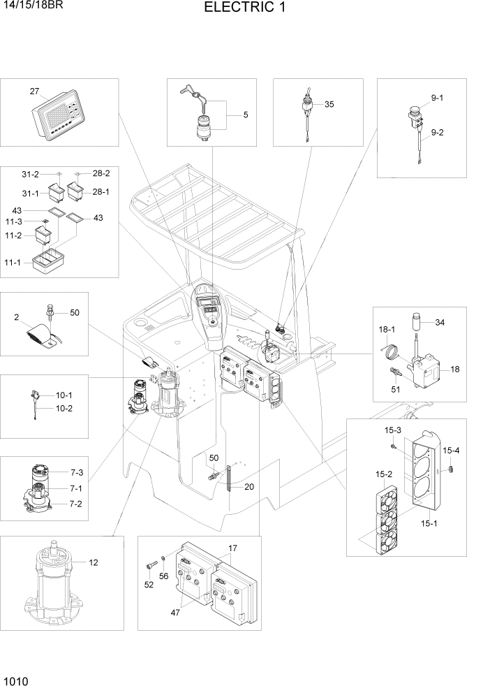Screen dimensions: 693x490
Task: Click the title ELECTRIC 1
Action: point(244,8)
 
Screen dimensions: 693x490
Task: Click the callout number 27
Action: point(34,92)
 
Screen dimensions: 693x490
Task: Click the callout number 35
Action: point(329,104)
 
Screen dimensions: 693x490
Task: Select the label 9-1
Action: point(437,99)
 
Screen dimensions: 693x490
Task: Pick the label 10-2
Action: point(64,408)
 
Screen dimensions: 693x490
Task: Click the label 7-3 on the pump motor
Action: point(76,473)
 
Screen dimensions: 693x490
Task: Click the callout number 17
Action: point(233,548)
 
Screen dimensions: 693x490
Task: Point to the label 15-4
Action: point(451,451)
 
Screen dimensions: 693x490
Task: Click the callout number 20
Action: point(249,488)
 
